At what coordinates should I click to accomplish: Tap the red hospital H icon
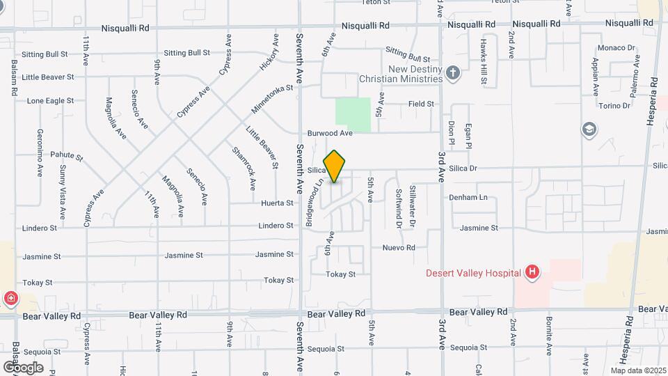[532, 272]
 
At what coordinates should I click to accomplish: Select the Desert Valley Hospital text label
[474, 272]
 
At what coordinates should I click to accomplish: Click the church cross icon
[453, 72]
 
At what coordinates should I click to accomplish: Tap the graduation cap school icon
[589, 129]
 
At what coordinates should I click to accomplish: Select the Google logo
[22, 367]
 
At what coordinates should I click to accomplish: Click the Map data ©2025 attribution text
[639, 370]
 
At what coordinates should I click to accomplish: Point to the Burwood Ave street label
[331, 133]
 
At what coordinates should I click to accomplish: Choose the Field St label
[421, 104]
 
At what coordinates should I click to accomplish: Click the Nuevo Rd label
[399, 248]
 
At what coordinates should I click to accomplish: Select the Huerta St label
[278, 203]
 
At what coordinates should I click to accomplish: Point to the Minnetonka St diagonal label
[269, 100]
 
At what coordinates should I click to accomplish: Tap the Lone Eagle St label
[50, 101]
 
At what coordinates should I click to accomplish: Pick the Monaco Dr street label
[617, 49]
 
